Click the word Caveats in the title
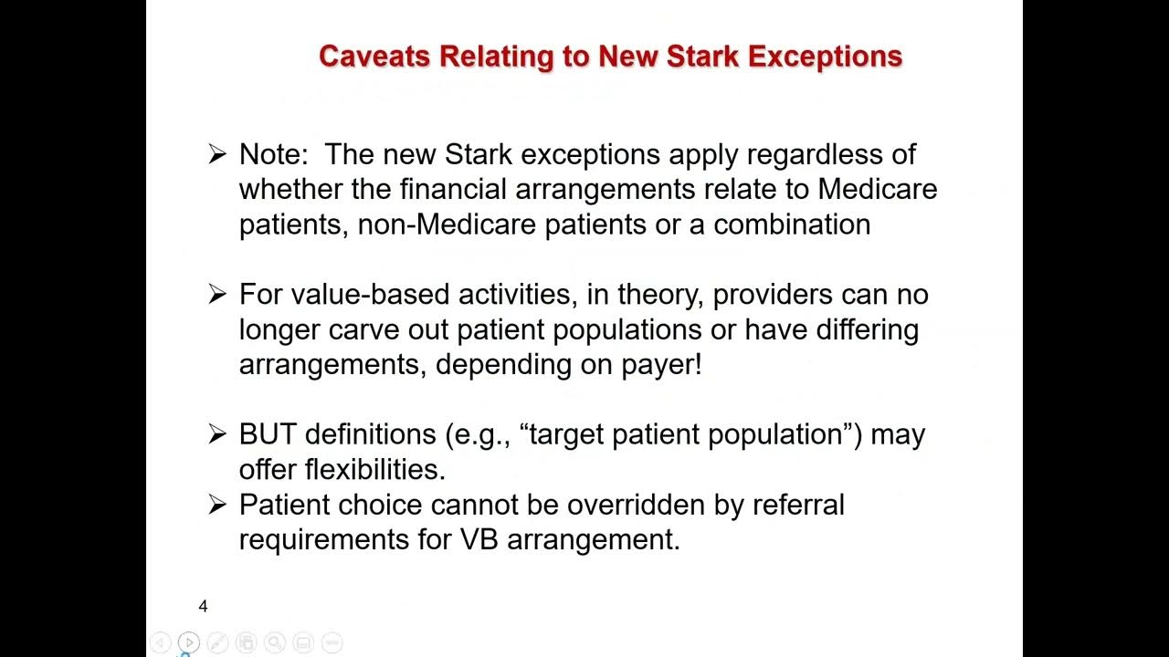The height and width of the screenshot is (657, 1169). (375, 57)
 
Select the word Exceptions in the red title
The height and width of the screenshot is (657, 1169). (825, 57)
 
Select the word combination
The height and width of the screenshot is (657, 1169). (792, 224)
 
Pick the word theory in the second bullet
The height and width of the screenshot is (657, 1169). (658, 295)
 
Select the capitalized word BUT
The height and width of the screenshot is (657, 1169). (268, 434)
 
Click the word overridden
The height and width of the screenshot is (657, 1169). (636, 504)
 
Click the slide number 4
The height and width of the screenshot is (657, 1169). (203, 606)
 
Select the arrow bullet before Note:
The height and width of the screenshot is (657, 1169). (216, 154)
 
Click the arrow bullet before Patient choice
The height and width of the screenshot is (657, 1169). (216, 504)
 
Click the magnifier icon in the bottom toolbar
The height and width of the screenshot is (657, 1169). (275, 642)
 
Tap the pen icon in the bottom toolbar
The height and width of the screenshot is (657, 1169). (217, 642)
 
